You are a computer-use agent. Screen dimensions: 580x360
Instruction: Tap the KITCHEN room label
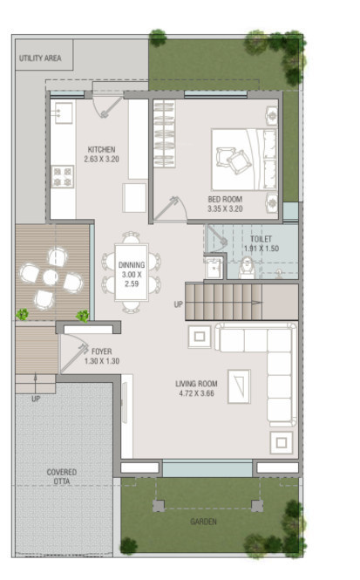(x=101, y=149)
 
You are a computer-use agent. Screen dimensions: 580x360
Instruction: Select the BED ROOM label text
(x=224, y=199)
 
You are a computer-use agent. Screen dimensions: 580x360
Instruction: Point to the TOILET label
(x=262, y=238)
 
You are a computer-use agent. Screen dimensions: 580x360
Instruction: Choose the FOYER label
(x=101, y=351)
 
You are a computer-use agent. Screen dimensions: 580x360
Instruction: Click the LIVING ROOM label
(x=196, y=383)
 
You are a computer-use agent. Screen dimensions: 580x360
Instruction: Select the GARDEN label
(x=203, y=522)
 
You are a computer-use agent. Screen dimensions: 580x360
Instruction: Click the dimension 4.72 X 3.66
(x=196, y=392)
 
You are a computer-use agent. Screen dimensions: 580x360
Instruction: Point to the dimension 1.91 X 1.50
(x=262, y=249)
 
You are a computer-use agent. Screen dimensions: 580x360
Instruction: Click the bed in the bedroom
(x=244, y=159)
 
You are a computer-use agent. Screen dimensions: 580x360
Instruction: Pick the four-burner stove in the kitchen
(x=63, y=177)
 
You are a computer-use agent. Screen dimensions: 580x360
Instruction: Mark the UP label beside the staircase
(x=178, y=304)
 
